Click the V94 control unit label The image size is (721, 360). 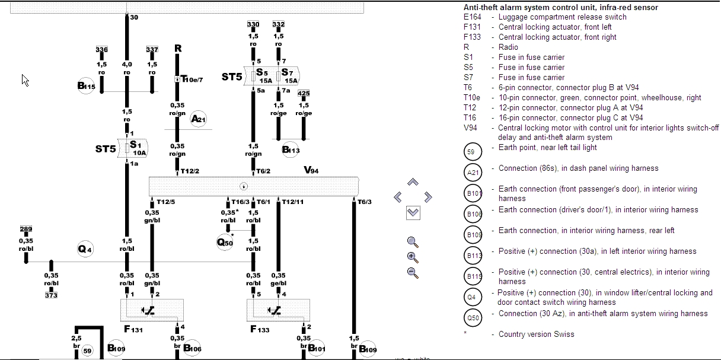tap(311, 170)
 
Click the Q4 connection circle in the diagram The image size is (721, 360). tap(85, 250)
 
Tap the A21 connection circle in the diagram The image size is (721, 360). tap(198, 119)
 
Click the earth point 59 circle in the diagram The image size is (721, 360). tap(88, 351)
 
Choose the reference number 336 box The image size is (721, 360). tap(101, 50)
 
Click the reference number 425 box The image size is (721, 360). tap(304, 94)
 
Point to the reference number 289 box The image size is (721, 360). tap(25, 229)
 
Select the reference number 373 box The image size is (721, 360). tap(51, 295)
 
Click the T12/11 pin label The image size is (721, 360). tap(292, 202)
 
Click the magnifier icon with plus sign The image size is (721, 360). tap(413, 257)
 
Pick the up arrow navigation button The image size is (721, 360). tap(413, 183)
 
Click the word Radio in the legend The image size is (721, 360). tap(508, 47)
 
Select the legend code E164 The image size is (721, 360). tap(473, 17)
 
